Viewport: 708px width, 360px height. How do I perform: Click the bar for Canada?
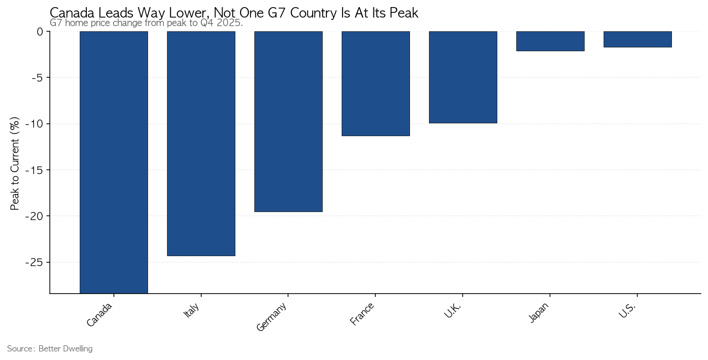(x=114, y=162)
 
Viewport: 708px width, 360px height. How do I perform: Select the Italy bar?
(x=201, y=143)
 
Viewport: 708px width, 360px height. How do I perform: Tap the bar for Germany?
(x=288, y=121)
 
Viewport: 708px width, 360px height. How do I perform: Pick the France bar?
(x=376, y=83)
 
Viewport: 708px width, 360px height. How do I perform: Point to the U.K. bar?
(x=463, y=77)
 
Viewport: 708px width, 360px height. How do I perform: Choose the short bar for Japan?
(x=550, y=41)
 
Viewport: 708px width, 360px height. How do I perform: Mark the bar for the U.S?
(x=637, y=39)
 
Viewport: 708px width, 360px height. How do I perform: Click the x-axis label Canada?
(x=99, y=314)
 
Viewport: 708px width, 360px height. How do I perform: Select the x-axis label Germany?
(x=271, y=317)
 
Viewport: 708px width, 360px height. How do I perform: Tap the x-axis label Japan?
(x=539, y=313)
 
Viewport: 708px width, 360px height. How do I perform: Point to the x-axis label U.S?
(x=627, y=310)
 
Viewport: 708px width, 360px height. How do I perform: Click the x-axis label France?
(x=362, y=314)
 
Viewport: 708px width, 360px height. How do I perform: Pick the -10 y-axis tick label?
(x=35, y=124)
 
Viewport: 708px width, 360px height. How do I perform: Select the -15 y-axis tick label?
(x=35, y=170)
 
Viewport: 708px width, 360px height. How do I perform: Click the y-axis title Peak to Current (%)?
(x=15, y=164)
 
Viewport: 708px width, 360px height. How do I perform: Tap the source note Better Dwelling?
(x=65, y=349)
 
